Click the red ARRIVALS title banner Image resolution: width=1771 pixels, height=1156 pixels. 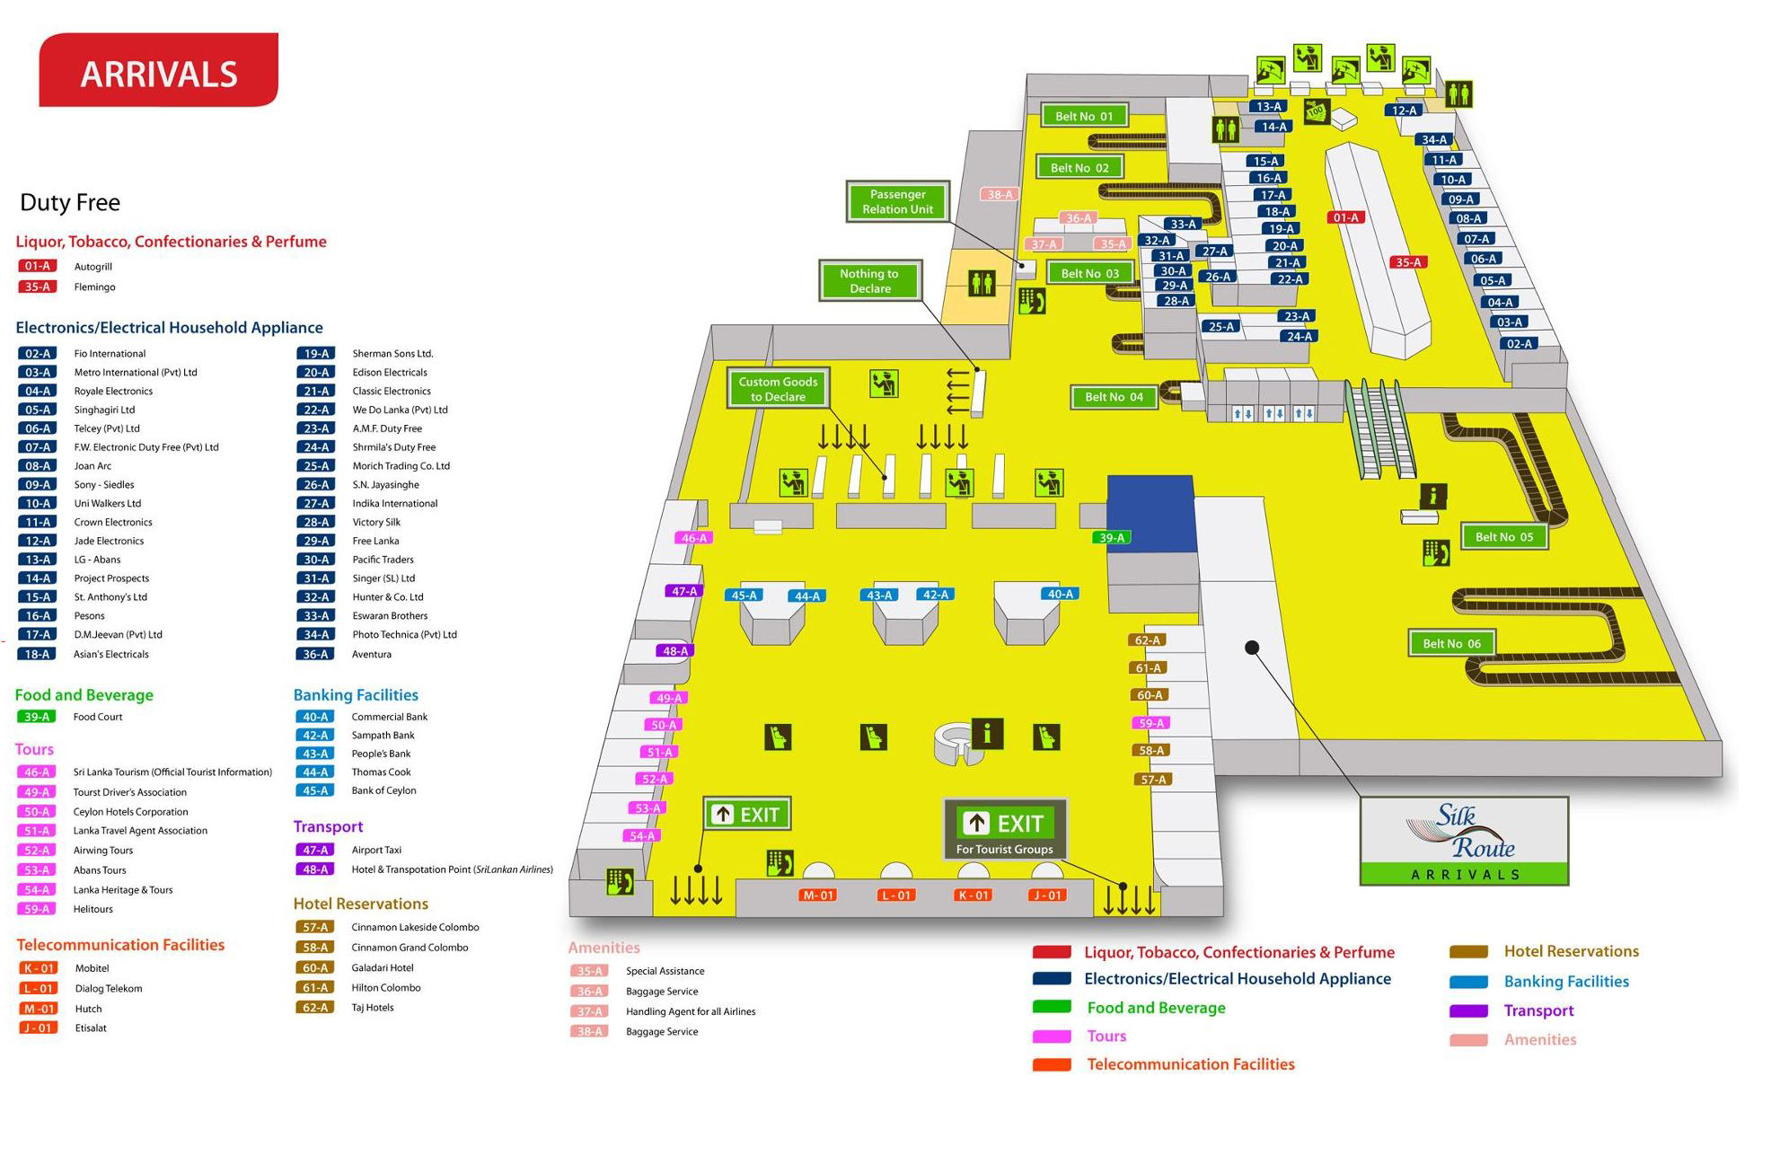point(159,71)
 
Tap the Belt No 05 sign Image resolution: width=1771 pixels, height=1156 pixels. point(1503,537)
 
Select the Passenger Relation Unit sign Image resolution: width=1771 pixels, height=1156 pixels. point(897,201)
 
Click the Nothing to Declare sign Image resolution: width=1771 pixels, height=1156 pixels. point(868,281)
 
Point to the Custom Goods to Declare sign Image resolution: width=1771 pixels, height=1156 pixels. point(778,389)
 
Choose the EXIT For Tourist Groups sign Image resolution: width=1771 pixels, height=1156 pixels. point(1004,828)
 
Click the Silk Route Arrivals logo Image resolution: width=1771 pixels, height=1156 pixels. point(1464,841)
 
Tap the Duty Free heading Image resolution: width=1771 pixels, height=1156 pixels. point(70,203)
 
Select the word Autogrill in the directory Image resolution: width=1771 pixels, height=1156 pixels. point(93,267)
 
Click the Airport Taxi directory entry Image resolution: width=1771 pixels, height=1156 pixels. point(376,850)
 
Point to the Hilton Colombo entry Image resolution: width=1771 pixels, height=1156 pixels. point(385,988)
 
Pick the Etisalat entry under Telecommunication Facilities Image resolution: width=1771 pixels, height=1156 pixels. point(91,1028)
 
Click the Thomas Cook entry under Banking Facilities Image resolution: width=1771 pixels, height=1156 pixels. point(381,772)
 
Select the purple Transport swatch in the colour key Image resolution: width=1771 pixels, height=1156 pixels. point(1468,1011)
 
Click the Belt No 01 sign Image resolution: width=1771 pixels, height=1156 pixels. point(1083,116)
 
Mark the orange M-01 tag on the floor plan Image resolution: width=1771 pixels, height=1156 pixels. point(818,896)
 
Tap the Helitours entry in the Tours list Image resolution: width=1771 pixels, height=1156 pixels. point(93,909)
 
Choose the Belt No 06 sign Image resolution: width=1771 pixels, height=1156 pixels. point(1451,643)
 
